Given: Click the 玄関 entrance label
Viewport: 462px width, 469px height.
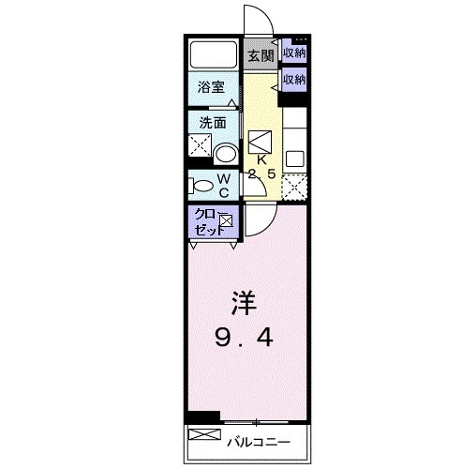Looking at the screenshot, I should coord(261,56).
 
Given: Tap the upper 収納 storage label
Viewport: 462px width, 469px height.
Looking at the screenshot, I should coord(294,53).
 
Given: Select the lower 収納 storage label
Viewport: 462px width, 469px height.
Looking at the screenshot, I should coord(294,80).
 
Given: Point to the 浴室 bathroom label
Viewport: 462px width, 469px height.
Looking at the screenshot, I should coord(210,87).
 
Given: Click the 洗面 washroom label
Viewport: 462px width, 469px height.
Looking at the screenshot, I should coord(210,122).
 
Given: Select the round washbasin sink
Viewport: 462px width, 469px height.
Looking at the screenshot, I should coord(225,153).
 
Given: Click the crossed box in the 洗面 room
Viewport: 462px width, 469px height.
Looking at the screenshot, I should coord(200,146).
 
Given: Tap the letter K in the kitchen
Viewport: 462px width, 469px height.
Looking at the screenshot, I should coord(261,159).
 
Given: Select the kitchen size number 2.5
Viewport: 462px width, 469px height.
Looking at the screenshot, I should coord(261,174).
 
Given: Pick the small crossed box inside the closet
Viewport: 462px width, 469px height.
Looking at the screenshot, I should coord(226,221).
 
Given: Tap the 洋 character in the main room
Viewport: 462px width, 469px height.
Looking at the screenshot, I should coord(241,304).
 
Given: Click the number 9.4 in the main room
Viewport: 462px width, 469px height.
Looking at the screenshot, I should coord(241,337).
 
